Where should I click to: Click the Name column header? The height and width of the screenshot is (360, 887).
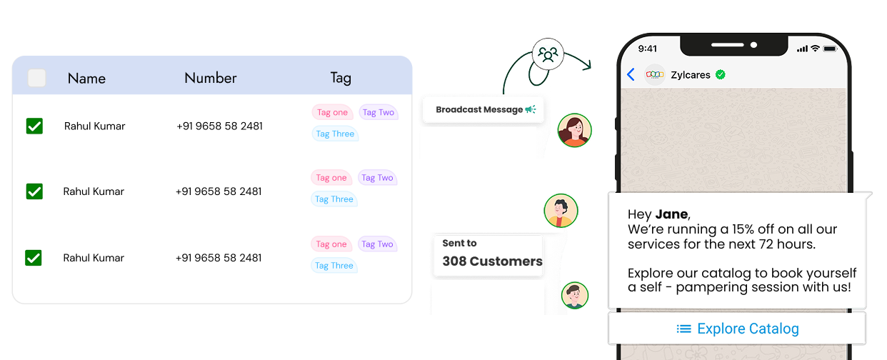click(86, 78)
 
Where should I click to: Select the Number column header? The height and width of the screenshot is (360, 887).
click(210, 78)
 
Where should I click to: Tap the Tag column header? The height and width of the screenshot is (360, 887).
click(341, 78)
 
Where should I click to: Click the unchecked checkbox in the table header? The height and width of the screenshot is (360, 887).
click(36, 78)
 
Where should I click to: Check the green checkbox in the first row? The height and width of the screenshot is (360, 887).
click(34, 126)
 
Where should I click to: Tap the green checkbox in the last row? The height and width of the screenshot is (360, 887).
click(34, 258)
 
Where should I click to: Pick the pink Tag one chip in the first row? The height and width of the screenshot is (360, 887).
click(332, 112)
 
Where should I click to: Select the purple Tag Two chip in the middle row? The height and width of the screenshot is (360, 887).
click(377, 178)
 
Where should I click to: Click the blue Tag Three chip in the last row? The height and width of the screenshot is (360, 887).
click(334, 266)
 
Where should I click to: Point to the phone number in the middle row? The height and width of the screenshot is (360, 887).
click(219, 191)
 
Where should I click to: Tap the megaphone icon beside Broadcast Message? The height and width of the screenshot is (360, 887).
click(530, 109)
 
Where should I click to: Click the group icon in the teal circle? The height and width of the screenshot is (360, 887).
click(548, 54)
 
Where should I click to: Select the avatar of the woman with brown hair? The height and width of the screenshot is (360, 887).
click(574, 130)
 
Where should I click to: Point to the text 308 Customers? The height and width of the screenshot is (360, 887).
click(492, 261)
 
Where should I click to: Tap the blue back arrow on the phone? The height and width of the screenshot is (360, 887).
click(631, 74)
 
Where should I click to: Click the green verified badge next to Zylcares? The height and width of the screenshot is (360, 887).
click(721, 74)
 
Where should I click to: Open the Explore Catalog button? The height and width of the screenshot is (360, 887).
click(737, 329)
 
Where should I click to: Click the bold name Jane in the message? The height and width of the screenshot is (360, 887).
click(671, 214)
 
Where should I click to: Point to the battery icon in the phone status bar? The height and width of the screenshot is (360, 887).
click(829, 49)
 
